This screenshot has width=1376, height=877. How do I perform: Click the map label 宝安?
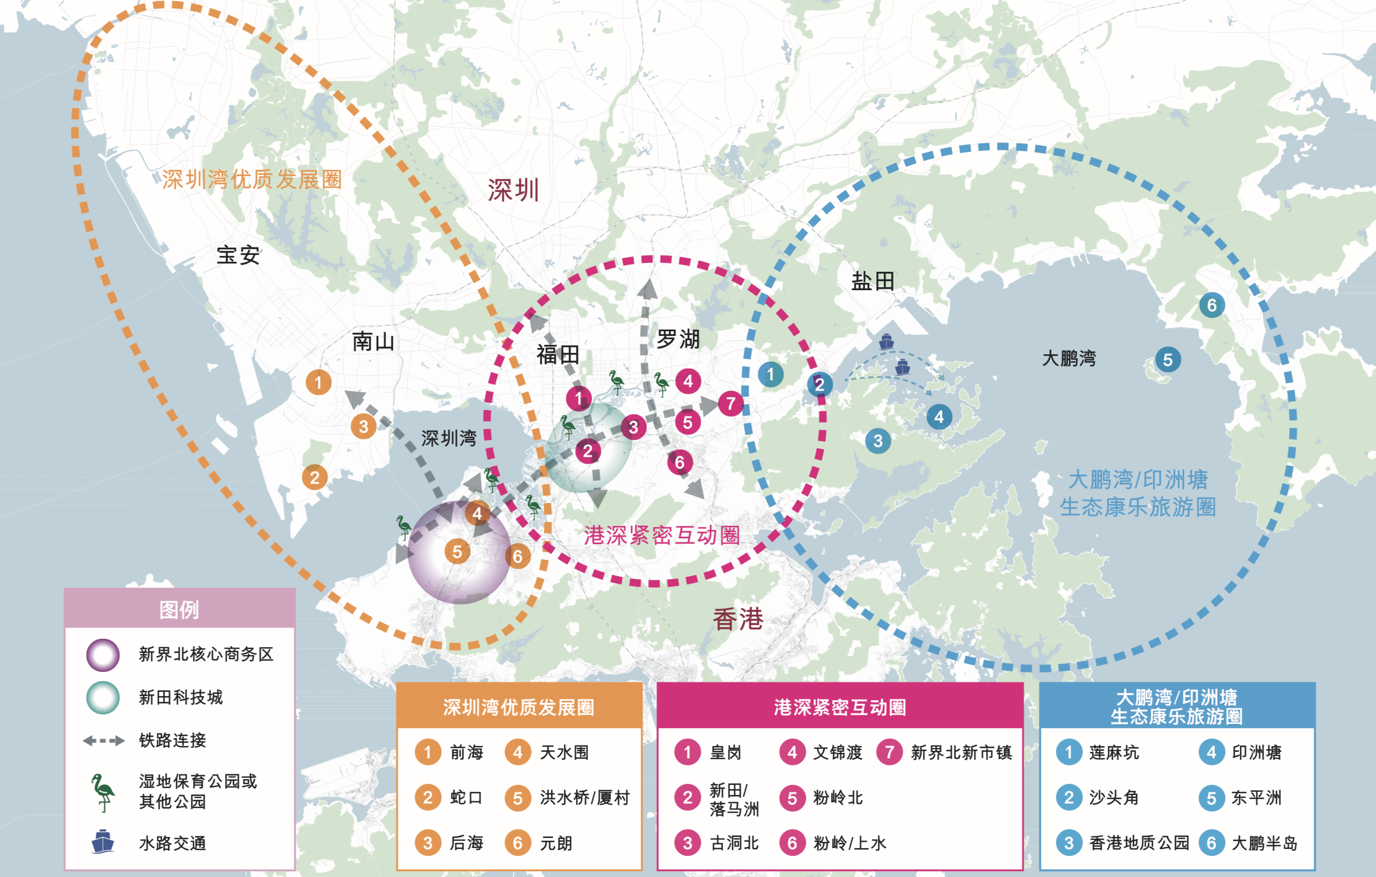click(238, 255)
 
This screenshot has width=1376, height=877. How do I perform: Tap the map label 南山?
click(373, 342)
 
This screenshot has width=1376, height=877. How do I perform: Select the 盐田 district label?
click(873, 281)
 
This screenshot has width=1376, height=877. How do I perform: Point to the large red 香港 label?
click(738, 619)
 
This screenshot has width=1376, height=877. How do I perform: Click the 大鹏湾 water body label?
click(1069, 358)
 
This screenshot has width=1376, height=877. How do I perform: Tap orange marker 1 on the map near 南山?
click(318, 382)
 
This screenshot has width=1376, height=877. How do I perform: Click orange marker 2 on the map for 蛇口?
click(315, 477)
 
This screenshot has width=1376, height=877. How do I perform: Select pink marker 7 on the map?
click(730, 403)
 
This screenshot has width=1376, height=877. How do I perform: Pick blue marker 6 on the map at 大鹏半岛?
click(1211, 305)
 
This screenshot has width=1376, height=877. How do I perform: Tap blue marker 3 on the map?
click(878, 441)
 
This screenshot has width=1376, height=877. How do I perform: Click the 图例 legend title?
click(179, 609)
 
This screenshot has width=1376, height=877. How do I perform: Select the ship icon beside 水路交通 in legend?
click(103, 842)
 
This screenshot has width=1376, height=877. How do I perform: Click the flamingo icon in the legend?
click(104, 792)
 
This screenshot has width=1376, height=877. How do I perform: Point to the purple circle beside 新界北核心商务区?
click(103, 655)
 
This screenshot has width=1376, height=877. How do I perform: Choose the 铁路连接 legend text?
click(173, 740)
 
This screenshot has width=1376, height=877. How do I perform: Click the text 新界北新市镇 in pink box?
click(961, 752)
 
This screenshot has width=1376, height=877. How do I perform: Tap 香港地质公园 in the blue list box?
click(1139, 843)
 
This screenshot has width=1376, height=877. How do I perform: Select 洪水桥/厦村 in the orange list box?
click(584, 798)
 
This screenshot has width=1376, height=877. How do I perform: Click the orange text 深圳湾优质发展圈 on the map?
click(251, 179)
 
